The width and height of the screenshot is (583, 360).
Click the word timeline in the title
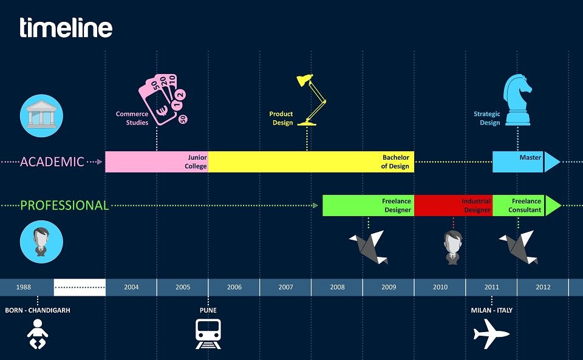point(66,27)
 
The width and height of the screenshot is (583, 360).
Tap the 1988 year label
point(24,287)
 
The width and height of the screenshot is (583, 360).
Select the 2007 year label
point(285,287)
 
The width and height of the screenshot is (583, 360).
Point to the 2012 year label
point(543,287)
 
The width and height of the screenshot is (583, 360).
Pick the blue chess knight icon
point(517,100)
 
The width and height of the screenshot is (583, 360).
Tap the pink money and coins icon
point(163,99)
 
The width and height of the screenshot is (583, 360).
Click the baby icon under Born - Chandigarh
point(38,334)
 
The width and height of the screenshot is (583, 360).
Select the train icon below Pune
point(208,334)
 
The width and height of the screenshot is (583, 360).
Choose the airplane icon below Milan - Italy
point(491,334)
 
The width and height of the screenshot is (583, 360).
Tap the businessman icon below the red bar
point(453,248)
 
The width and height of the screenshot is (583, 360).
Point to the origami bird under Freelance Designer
point(369,247)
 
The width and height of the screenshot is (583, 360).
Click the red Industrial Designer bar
point(453,205)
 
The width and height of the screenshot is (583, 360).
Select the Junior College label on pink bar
point(196,161)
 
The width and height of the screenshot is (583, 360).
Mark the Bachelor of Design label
point(395,161)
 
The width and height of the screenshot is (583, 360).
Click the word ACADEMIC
point(52,162)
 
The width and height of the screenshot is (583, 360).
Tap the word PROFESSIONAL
point(64,205)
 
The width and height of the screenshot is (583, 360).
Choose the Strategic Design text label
point(486,118)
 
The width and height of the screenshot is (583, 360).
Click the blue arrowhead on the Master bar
point(552,162)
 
